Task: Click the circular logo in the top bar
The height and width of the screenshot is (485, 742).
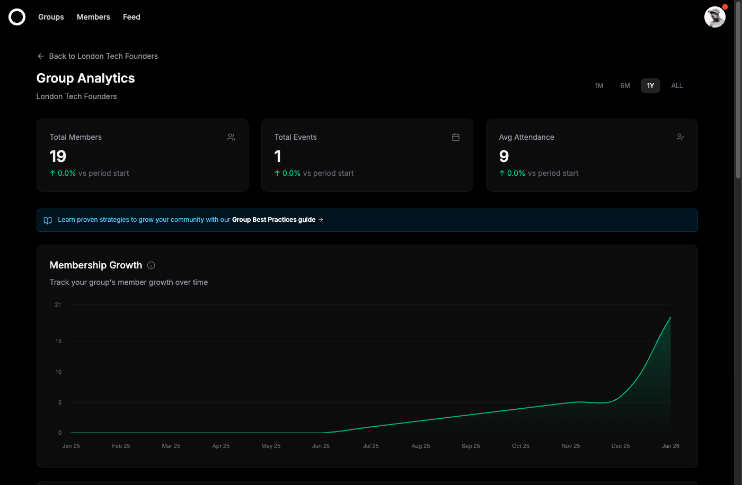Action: (17, 17)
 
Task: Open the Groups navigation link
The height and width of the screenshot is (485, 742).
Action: (51, 17)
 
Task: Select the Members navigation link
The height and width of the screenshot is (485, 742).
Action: (93, 17)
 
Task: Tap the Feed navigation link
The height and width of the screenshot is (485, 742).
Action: (131, 17)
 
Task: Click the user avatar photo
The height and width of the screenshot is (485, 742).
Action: (714, 17)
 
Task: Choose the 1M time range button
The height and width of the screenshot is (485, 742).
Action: (599, 86)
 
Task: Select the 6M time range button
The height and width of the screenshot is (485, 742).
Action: (625, 86)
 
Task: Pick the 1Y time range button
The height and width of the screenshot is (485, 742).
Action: (650, 86)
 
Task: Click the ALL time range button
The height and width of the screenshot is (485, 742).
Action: (677, 86)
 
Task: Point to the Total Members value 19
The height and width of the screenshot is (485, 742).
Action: (58, 156)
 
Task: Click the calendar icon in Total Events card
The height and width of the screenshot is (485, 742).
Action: (456, 137)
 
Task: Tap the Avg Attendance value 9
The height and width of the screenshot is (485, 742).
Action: (504, 156)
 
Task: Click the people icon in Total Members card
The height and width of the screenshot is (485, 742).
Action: (231, 137)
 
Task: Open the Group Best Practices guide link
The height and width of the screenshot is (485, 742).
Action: (273, 220)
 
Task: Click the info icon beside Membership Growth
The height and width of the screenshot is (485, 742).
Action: (151, 265)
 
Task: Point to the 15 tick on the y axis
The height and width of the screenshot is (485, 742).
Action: (58, 341)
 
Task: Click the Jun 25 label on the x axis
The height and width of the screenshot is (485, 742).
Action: (321, 446)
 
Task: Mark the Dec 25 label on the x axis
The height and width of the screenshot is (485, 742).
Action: (621, 446)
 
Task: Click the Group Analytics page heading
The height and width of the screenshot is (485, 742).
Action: (85, 78)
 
